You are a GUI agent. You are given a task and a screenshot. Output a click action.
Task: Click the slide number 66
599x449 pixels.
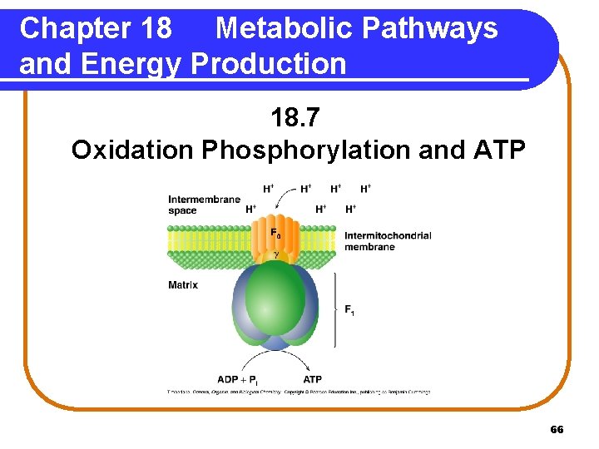coord(557,429)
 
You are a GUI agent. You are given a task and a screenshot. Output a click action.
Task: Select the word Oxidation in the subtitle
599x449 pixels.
coord(131,150)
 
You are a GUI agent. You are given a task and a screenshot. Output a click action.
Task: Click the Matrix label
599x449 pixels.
coord(183,285)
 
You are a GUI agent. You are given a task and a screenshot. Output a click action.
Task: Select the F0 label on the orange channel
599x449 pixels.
coord(275,234)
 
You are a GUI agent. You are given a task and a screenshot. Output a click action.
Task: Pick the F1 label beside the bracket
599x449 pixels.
coord(349,310)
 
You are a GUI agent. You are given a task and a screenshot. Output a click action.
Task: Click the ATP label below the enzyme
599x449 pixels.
coord(313,379)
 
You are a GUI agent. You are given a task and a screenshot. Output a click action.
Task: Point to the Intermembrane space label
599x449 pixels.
coord(204,205)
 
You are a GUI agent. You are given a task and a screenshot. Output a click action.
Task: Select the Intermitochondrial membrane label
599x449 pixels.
coord(388,241)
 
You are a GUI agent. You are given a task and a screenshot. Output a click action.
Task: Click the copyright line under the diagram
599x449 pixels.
coord(299,392)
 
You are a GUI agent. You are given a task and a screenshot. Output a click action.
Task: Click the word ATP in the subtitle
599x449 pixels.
coord(499,150)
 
